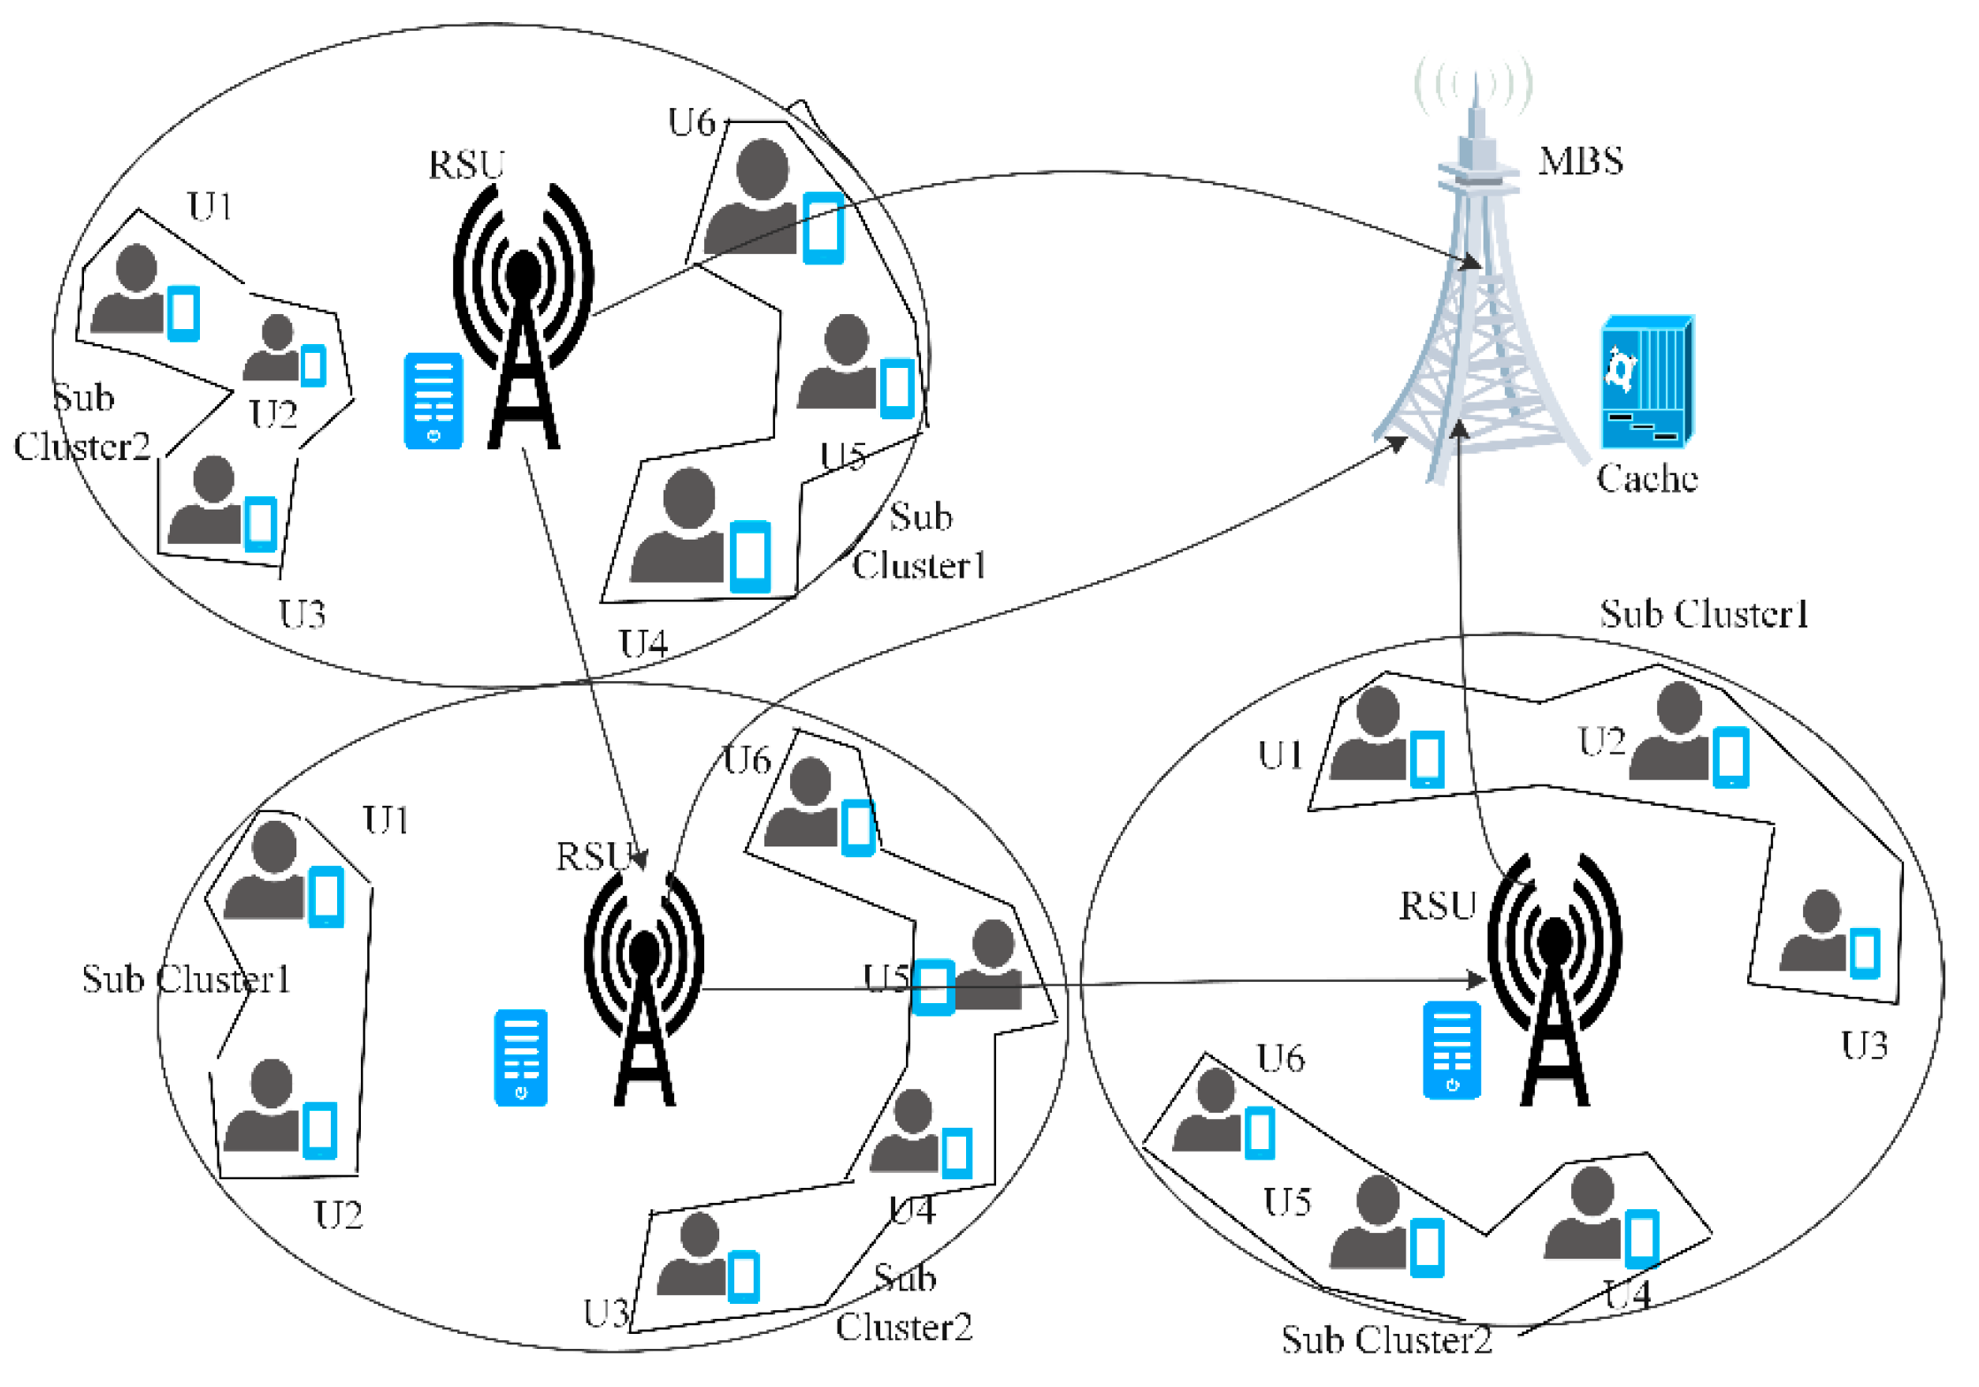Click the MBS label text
[1580, 161]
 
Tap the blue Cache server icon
[1646, 382]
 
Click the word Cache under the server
[1646, 479]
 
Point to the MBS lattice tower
[1475, 310]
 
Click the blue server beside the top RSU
[433, 401]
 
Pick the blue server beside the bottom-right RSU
[1451, 1050]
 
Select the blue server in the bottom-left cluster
[520, 1057]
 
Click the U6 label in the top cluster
[691, 123]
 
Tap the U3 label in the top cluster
[302, 614]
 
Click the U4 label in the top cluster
[642, 644]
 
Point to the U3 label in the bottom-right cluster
[1864, 1046]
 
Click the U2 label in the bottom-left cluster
[338, 1215]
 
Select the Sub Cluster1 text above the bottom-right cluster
[1704, 614]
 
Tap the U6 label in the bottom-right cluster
[1280, 1058]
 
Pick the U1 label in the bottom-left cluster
[386, 821]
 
